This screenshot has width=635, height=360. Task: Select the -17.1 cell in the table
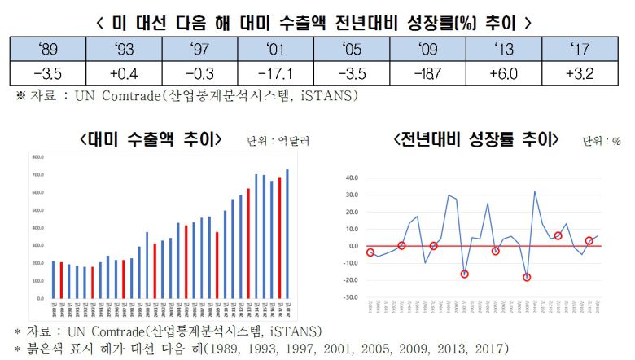[278, 74]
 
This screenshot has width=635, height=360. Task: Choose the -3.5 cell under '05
[356, 74]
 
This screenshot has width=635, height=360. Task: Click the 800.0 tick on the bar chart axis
[37, 156]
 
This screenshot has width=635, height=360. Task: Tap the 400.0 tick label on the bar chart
[37, 227]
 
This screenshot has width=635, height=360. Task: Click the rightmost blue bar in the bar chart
[287, 234]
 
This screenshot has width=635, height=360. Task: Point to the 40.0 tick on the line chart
[351, 177]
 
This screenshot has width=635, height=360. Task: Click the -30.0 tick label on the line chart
[351, 296]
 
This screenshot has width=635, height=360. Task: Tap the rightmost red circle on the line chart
[589, 241]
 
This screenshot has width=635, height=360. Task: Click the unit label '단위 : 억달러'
[278, 141]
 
